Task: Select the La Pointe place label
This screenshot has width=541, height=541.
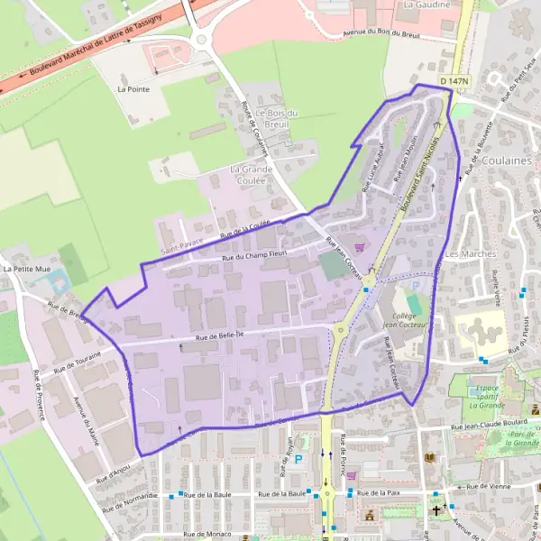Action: click(x=133, y=89)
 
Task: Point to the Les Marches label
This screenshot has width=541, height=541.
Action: click(x=471, y=254)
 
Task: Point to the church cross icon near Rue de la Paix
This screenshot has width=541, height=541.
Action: click(x=436, y=510)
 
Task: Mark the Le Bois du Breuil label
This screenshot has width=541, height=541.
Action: click(x=277, y=118)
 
